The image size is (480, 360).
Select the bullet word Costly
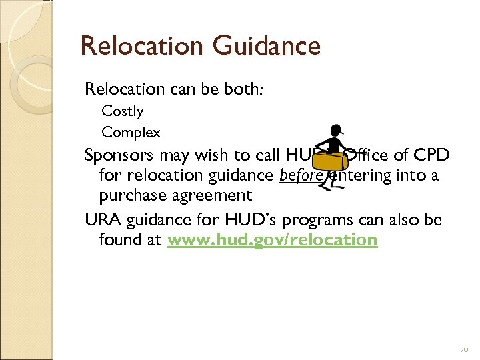coord(123,111)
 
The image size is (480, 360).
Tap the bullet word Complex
coord(131,133)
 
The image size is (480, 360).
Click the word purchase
coord(131,196)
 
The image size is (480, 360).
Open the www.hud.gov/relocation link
coord(272,240)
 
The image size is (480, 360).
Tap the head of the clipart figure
coord(337,131)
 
